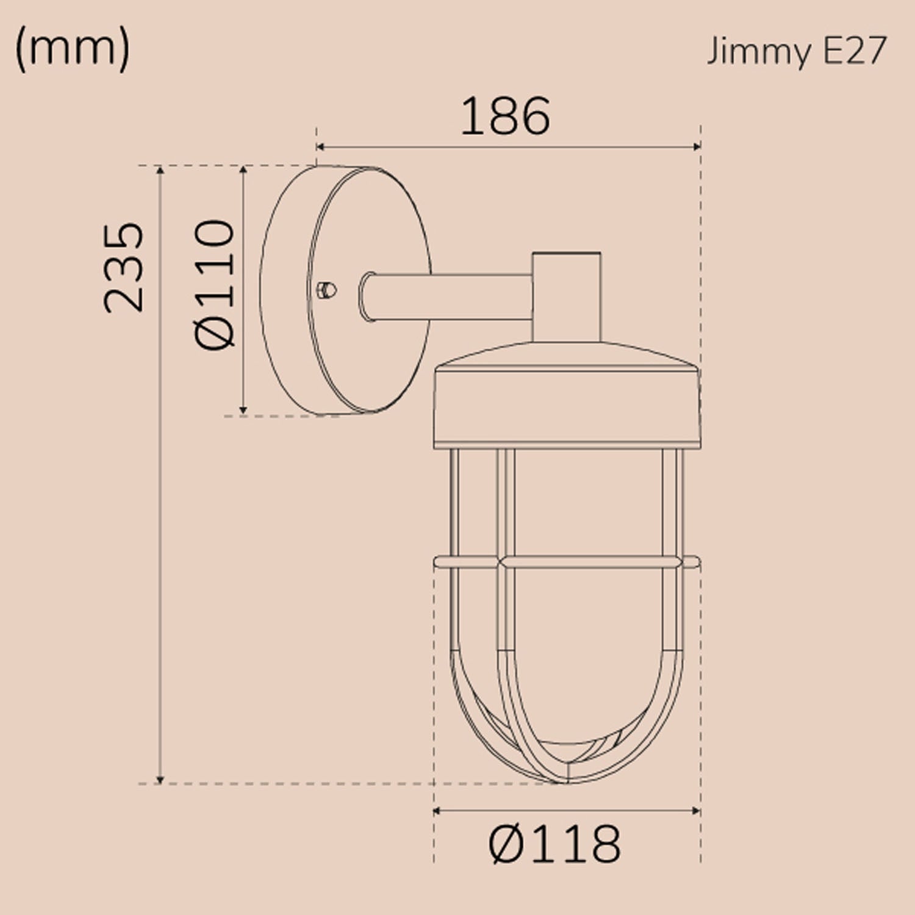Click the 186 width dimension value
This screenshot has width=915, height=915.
[x=505, y=117]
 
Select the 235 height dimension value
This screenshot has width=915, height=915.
[x=124, y=268]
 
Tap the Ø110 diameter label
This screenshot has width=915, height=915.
[x=215, y=284]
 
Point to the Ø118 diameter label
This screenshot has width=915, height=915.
[x=554, y=844]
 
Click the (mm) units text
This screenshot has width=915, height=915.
[x=72, y=49]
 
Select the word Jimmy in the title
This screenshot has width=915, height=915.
[x=759, y=51]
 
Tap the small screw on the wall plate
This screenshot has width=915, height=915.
[x=327, y=289]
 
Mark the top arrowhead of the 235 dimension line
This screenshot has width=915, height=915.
[x=160, y=170]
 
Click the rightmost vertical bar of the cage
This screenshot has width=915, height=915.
[x=673, y=549]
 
